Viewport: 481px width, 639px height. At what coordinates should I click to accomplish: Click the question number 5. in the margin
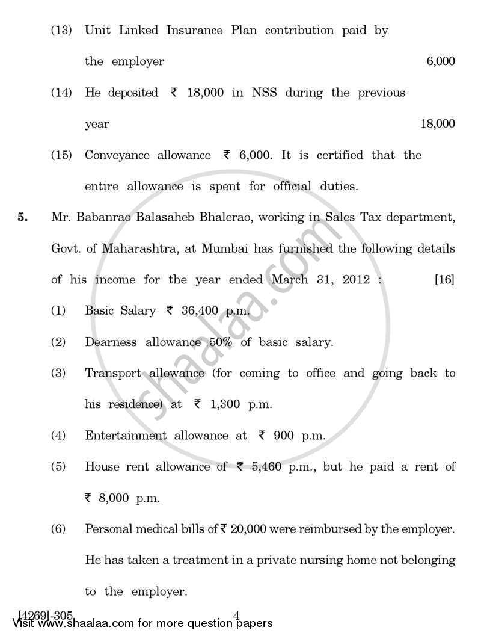22,218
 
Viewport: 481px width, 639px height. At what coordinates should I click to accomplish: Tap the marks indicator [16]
444,280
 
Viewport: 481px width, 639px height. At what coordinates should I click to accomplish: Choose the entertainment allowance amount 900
284,436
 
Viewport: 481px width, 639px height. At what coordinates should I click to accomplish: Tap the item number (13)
61,30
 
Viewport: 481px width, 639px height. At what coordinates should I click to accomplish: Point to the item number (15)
61,155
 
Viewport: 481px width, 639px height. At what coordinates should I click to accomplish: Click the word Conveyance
117,155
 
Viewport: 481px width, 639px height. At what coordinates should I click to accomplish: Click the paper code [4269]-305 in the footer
46,615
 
